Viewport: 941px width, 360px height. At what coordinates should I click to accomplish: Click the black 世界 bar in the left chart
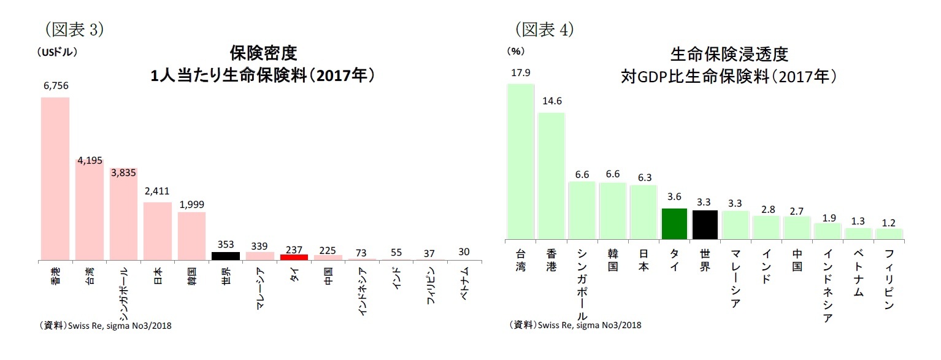[x=225, y=256]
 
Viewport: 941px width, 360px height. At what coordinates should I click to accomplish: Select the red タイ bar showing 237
[x=293, y=257]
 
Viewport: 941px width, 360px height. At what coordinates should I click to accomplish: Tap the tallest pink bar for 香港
[x=55, y=178]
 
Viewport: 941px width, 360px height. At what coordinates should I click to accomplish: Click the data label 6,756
[x=55, y=86]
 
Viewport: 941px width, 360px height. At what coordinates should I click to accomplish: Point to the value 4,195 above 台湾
[x=90, y=161]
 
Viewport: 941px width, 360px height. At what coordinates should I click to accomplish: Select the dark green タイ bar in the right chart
[x=674, y=223]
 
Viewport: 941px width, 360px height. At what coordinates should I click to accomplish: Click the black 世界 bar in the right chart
[x=705, y=224]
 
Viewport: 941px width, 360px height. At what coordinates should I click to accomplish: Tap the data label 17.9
[x=520, y=72]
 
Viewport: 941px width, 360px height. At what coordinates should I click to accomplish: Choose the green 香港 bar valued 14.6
[x=551, y=175]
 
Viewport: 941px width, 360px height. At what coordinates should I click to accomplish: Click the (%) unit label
[x=515, y=52]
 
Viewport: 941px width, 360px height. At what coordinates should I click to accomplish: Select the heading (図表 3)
[x=74, y=28]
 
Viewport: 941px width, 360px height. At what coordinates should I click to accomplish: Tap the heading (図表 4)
[x=544, y=28]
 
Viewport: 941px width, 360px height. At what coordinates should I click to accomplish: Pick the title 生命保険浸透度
[x=729, y=54]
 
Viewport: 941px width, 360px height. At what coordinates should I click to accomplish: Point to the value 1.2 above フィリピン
[x=888, y=222]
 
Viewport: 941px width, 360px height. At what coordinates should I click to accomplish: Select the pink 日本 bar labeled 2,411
[x=158, y=231]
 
